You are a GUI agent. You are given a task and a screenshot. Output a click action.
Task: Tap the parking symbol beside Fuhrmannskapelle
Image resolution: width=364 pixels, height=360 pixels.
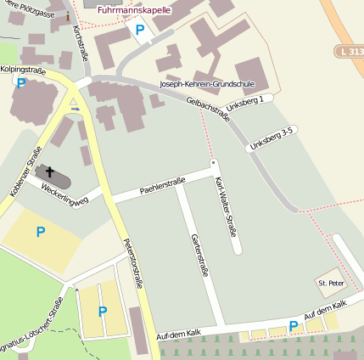click(x=140, y=31)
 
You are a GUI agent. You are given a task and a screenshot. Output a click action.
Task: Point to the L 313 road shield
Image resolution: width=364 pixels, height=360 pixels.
click(x=350, y=52)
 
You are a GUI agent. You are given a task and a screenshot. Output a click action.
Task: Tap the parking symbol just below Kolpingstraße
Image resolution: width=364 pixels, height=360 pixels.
click(x=20, y=83)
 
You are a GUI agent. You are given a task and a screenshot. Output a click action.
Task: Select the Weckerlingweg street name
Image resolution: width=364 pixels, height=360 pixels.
click(x=65, y=188)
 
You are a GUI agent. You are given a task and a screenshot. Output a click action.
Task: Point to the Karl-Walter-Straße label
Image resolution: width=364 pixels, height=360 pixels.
click(x=226, y=206)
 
